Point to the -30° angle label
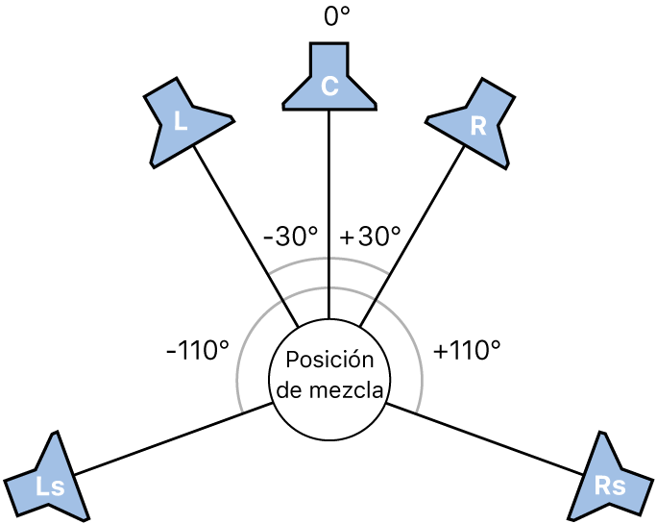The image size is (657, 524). click(290, 237)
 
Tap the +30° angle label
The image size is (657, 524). click(370, 237)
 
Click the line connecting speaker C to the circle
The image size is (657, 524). click(329, 212)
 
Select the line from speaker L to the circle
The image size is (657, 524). click(245, 231)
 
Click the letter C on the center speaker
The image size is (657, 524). click(329, 87)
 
